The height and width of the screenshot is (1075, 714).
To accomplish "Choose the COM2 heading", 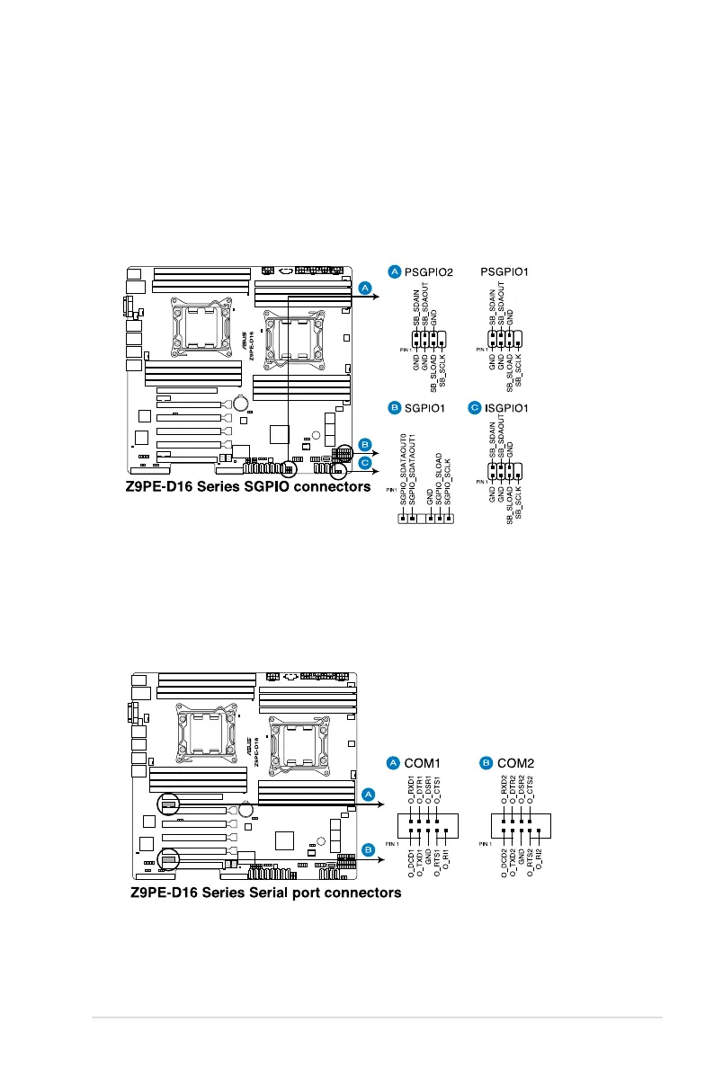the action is tap(515, 763).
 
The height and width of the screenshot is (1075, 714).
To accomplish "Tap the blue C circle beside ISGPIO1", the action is tap(475, 408).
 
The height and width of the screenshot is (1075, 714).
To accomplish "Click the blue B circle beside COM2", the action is tap(486, 763).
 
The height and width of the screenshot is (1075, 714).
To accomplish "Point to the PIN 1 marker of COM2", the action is tap(486, 844).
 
